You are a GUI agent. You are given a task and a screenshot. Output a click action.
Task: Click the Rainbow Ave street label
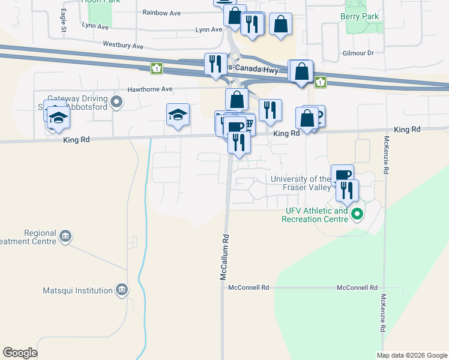coord(161,13)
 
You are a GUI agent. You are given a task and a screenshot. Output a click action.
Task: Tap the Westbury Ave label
coord(123,45)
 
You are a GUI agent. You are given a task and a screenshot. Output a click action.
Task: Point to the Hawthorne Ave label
coord(149,89)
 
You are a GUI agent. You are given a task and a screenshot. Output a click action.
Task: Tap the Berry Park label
coord(360,17)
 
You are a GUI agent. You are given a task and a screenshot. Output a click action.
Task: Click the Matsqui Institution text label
coord(78,291)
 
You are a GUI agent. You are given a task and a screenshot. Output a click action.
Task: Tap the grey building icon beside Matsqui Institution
coord(122,290)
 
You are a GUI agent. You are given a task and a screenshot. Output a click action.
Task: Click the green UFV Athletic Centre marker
coord(357,214)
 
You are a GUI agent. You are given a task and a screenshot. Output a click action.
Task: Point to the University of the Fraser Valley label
coord(300,183)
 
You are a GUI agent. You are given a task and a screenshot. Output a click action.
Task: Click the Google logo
coord(20,353)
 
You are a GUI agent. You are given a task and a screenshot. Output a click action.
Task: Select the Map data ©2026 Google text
coord(411,355)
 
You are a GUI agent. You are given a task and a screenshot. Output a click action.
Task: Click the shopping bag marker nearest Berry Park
coord(281,24)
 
